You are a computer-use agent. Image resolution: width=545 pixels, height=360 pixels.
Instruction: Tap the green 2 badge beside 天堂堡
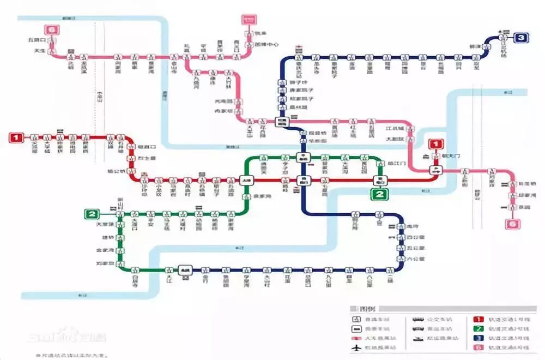(91, 214)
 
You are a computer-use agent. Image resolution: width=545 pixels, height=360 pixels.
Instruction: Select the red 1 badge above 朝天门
(436, 145)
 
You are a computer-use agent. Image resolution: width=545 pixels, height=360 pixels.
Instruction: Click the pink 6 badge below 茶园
(512, 224)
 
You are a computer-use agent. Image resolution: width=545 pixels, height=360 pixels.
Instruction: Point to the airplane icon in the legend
(357, 347)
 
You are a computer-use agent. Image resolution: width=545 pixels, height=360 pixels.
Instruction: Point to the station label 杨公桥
(118, 170)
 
